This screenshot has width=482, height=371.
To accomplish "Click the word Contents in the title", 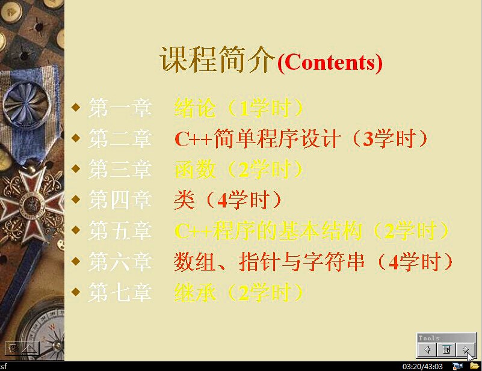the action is coord(330,63).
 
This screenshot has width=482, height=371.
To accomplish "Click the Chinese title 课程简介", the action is coord(217,60).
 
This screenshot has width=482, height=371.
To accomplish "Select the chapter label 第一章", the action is coord(120,108).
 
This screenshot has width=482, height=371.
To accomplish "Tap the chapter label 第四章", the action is coord(120,200).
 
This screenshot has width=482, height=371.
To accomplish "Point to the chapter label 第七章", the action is coord(120,292).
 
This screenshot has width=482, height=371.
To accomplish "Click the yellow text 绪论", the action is coord(195,108).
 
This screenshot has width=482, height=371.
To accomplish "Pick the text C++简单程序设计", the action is coord(258,138).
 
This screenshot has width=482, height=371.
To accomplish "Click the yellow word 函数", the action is coord(195,169).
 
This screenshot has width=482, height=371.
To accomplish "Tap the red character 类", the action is coord(185,200).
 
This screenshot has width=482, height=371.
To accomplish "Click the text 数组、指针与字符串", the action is coord(269,262).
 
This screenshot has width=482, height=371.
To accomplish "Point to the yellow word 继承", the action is coord(195,292).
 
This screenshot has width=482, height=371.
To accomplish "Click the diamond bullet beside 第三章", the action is coord(76,168).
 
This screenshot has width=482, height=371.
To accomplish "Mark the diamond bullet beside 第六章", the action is coord(76,261).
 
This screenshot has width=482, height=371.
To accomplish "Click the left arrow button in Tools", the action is coord(427,349).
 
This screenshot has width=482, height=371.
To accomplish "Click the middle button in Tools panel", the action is coord(446,349).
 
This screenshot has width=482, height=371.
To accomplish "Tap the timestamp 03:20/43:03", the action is coord(422,366).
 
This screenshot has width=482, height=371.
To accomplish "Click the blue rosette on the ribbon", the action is coord(27,103).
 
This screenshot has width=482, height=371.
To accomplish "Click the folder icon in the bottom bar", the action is coord(475,366).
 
